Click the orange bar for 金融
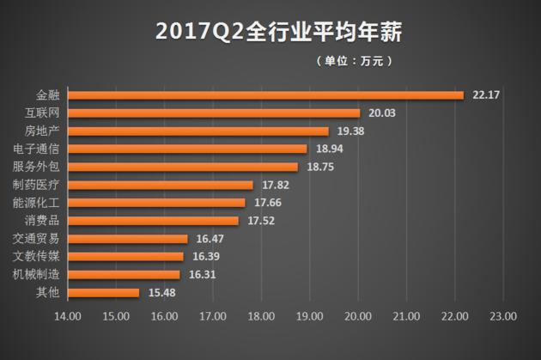click(x=265, y=95)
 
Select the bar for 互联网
click(x=214, y=113)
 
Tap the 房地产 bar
click(x=198, y=131)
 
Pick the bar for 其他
click(x=104, y=293)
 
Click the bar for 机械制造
click(x=124, y=275)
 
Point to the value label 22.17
click(x=486, y=95)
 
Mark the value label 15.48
click(x=161, y=293)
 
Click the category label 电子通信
click(x=41, y=149)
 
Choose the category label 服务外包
click(x=41, y=167)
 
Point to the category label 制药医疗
click(x=41, y=185)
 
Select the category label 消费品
click(x=46, y=221)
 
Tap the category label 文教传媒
click(x=41, y=257)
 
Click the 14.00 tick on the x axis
click(x=68, y=315)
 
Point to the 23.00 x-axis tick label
click(x=503, y=315)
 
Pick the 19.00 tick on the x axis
click(x=310, y=315)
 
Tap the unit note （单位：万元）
click(x=355, y=61)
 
